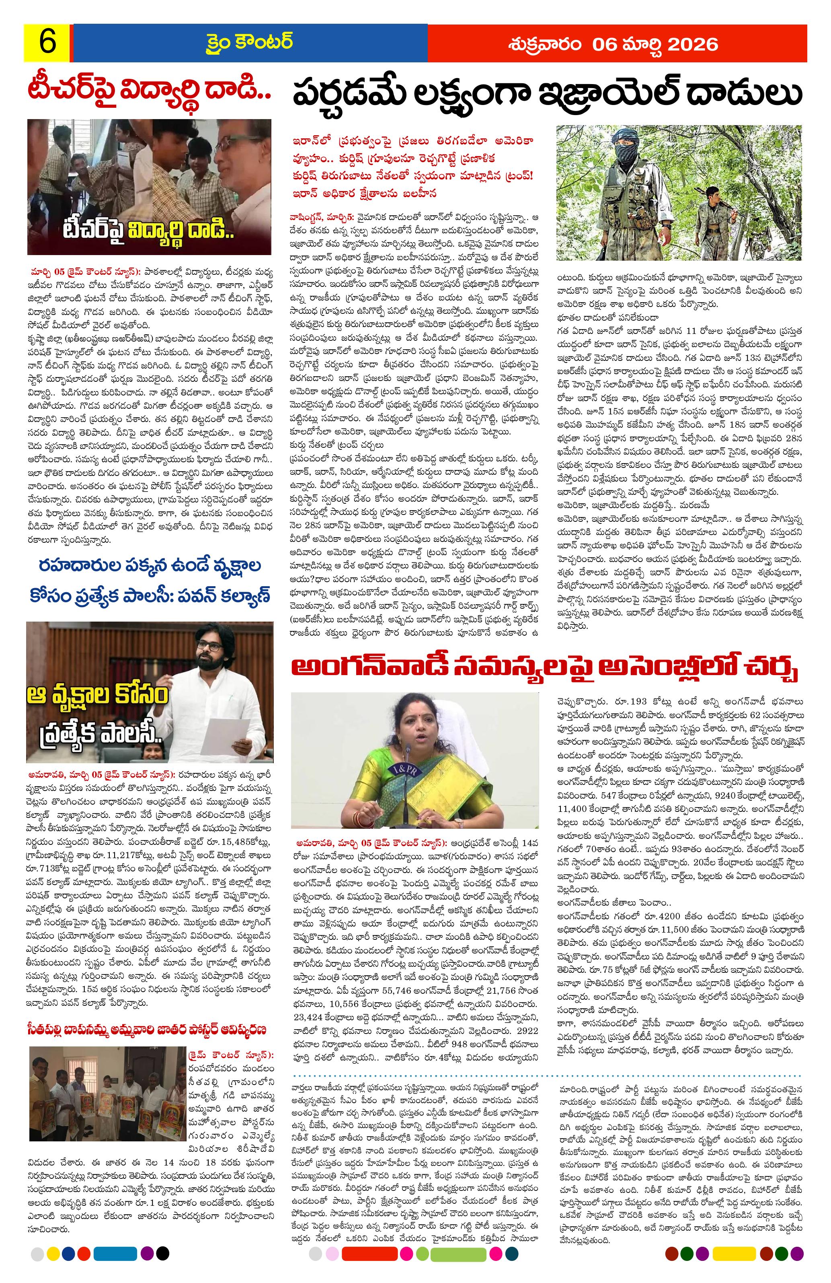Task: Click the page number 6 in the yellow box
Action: [47, 43]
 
